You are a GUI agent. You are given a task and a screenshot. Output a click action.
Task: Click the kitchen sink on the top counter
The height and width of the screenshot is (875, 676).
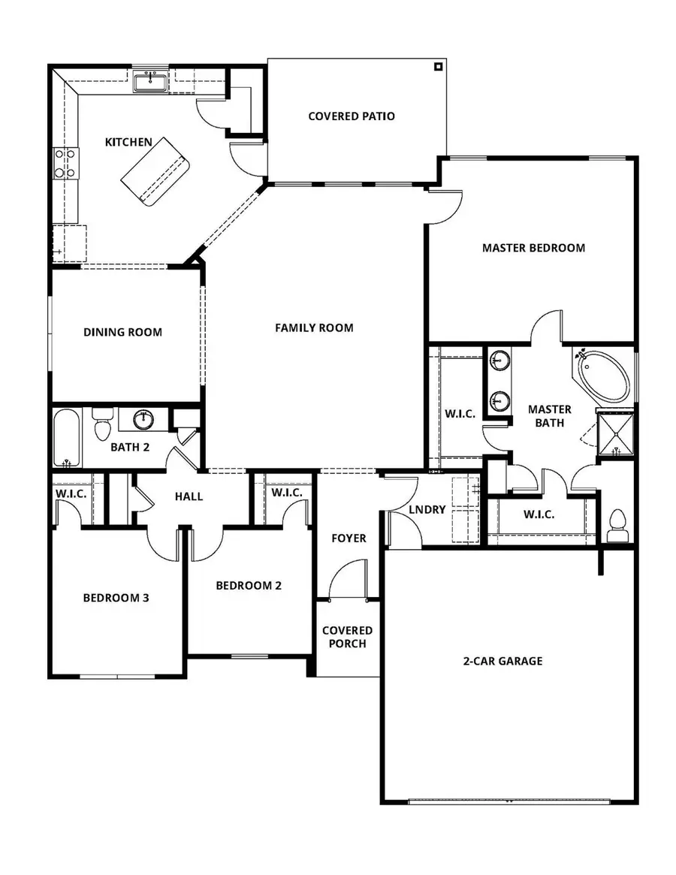(x=152, y=81)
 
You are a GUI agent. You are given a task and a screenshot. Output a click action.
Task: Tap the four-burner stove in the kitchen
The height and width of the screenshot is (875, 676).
(x=65, y=163)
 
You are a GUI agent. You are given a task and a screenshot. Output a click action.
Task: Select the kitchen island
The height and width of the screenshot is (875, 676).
(x=155, y=172)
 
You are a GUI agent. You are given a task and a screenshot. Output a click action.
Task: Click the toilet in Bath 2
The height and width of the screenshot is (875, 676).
(x=102, y=426)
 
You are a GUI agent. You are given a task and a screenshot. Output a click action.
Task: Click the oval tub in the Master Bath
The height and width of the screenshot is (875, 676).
(x=605, y=375)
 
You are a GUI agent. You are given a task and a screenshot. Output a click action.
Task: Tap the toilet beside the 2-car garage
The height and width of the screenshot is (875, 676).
(x=618, y=524)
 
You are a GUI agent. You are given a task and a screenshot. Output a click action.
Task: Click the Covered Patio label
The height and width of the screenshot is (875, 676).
(x=352, y=116)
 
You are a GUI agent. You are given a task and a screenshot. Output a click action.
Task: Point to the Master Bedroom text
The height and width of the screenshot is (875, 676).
(x=533, y=248)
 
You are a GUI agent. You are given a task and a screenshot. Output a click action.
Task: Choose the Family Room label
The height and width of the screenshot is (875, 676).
(x=314, y=327)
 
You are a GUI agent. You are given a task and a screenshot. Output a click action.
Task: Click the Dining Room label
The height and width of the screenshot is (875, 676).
(x=122, y=332)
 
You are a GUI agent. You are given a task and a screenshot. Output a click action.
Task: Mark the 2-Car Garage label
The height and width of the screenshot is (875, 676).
(x=502, y=661)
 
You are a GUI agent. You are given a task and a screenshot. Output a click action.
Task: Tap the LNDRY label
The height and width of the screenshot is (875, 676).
(x=427, y=509)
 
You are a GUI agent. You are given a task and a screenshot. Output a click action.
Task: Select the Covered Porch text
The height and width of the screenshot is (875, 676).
(x=347, y=637)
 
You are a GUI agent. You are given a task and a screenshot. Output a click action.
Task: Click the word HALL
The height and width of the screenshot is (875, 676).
(x=189, y=496)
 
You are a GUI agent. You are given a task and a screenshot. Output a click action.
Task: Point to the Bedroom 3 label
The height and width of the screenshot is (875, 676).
(x=116, y=598)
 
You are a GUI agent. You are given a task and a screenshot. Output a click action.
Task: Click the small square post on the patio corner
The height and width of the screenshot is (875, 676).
(x=438, y=67)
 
